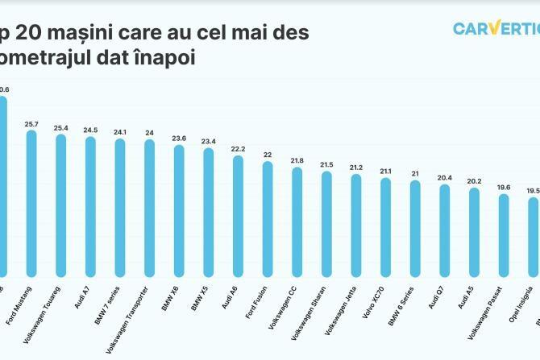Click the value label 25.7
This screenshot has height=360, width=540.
click(x=31, y=124)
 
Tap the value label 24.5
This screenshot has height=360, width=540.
click(x=90, y=130)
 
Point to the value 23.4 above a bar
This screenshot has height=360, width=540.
click(x=208, y=142)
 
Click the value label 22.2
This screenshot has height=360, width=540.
click(x=238, y=149)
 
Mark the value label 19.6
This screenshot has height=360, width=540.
click(x=503, y=187)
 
